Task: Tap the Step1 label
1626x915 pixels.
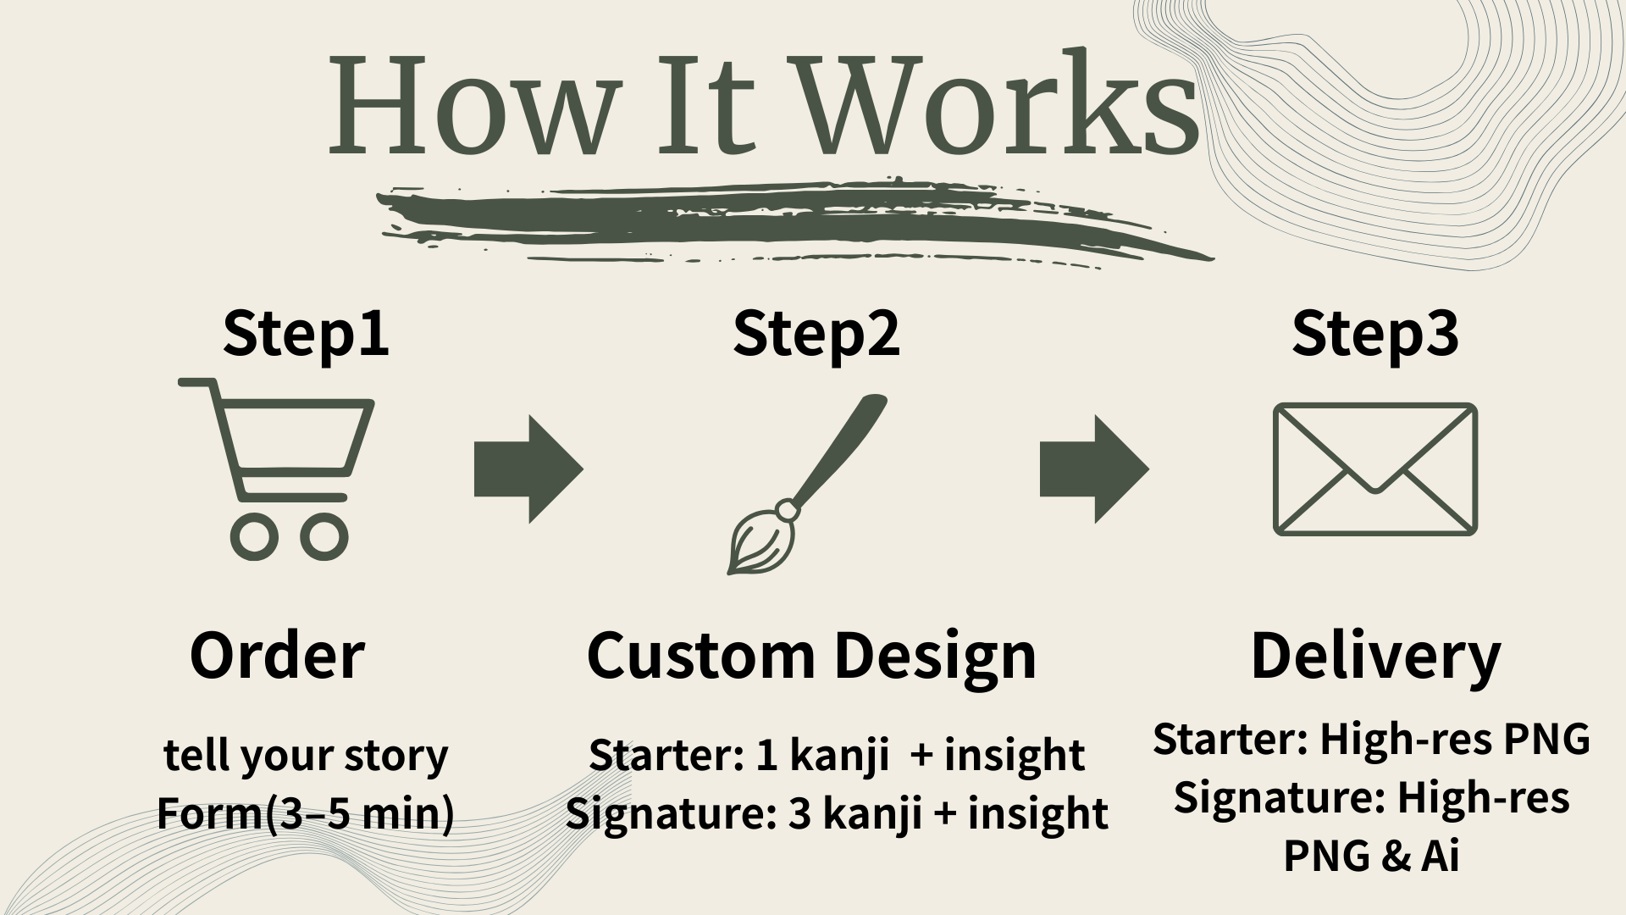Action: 306,334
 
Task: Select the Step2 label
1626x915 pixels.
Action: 816,334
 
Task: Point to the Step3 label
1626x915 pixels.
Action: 1375,334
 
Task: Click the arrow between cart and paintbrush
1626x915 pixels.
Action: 528,469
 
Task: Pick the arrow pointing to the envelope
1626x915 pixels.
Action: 1094,469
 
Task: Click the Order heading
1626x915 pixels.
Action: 277,655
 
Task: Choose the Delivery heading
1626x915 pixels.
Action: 1375,657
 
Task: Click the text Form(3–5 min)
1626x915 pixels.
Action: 306,814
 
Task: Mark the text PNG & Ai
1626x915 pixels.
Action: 1371,855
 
